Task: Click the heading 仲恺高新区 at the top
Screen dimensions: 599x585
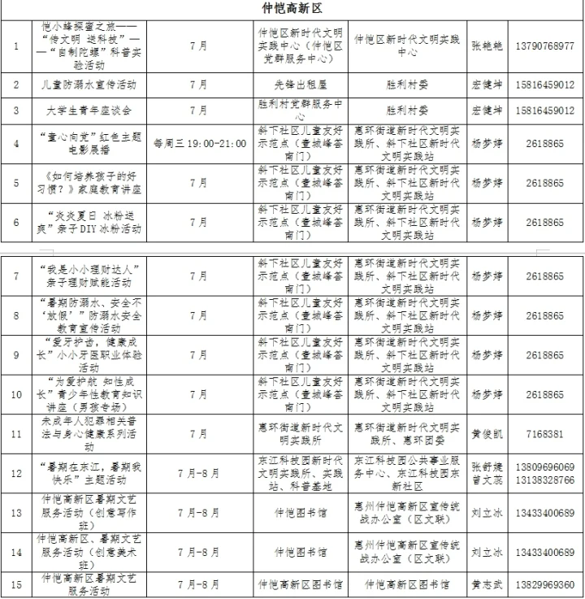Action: [292, 8]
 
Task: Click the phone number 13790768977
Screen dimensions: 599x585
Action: [544, 45]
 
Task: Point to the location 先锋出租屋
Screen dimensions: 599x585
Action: [301, 85]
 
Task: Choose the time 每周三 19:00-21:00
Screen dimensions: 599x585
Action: [199, 144]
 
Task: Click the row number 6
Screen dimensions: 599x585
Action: [16, 222]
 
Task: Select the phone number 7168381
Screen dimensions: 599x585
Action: [544, 434]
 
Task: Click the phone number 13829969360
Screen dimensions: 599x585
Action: [544, 584]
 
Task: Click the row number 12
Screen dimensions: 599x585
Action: [16, 474]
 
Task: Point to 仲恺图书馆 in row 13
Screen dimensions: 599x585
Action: [301, 513]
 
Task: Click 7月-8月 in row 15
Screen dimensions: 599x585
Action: [199, 584]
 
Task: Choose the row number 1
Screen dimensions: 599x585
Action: [16, 45]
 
